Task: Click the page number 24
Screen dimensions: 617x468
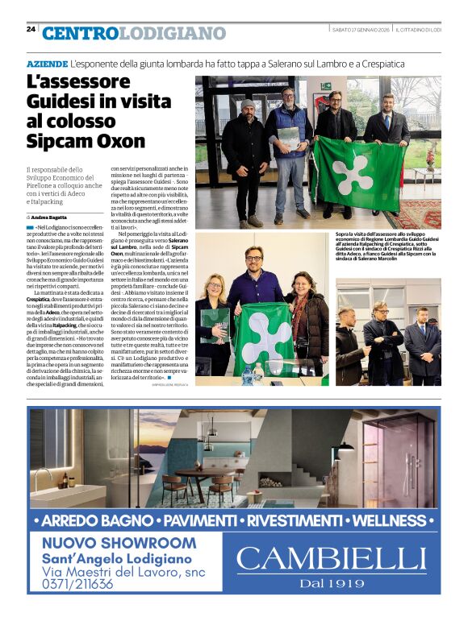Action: click(31, 29)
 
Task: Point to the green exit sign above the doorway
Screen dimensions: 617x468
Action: click(325, 85)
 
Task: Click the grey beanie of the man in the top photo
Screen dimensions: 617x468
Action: click(247, 105)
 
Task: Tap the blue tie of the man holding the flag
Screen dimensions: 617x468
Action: click(387, 122)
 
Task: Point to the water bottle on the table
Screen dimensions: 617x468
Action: click(248, 374)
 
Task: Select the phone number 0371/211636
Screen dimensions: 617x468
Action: click(77, 585)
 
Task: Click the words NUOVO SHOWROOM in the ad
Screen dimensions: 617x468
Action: click(119, 543)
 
